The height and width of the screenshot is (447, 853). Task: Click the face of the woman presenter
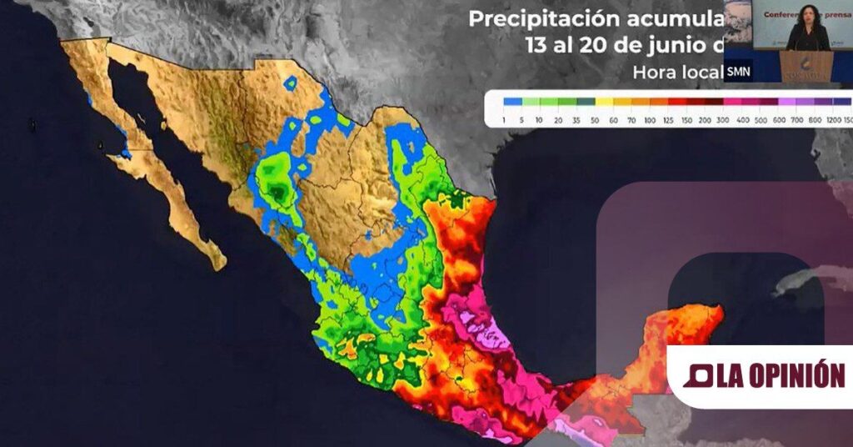[x=807, y=14]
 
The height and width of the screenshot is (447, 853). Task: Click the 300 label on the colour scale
[x=727, y=121]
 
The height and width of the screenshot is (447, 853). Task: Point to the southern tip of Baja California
[x=218, y=264]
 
